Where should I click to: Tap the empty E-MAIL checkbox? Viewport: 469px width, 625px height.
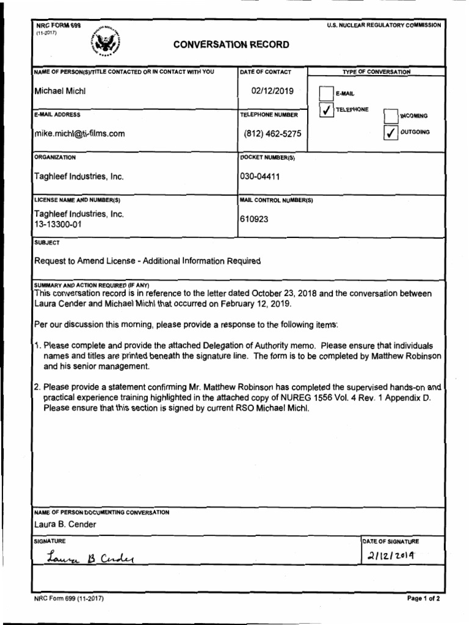click(x=327, y=93)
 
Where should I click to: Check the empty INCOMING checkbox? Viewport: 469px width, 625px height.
click(x=391, y=115)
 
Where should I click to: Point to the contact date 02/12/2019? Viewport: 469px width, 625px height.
click(x=272, y=91)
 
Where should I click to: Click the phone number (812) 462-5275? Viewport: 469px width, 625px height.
click(x=272, y=134)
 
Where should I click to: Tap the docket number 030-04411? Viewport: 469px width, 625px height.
click(x=261, y=176)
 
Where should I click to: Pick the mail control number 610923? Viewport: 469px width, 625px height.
click(x=253, y=219)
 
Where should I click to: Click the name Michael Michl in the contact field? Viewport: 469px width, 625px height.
click(x=60, y=91)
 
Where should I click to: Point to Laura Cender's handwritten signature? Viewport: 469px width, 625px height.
click(x=90, y=558)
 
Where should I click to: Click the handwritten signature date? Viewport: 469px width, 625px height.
click(x=391, y=556)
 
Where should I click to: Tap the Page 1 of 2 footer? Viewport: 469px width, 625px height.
click(x=423, y=598)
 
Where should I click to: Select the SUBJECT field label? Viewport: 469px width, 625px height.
click(x=47, y=242)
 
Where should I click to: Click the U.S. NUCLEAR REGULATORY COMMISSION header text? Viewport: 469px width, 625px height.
click(x=384, y=25)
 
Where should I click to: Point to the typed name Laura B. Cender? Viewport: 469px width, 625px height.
click(x=65, y=524)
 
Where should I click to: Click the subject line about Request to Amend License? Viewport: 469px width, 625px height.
click(x=147, y=261)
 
